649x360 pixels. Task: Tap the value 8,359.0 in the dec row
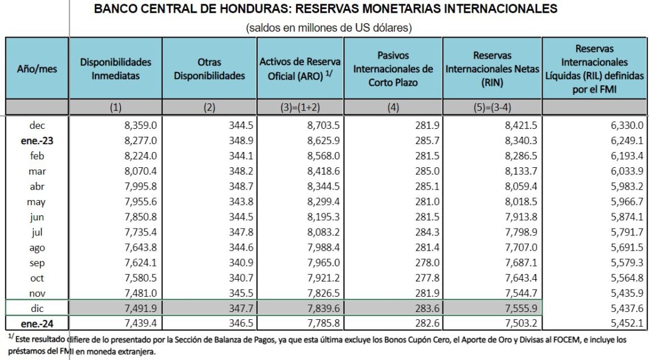pyautogui.click(x=137, y=125)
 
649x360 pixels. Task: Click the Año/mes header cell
pyautogui.click(x=36, y=69)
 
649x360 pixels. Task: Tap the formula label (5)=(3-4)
pyautogui.click(x=492, y=108)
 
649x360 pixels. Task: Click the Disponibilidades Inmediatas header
pyautogui.click(x=115, y=69)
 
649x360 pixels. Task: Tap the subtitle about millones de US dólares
pyautogui.click(x=329, y=27)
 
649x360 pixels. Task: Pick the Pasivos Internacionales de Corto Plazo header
pyautogui.click(x=393, y=69)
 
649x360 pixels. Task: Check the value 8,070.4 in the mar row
pyautogui.click(x=137, y=171)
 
